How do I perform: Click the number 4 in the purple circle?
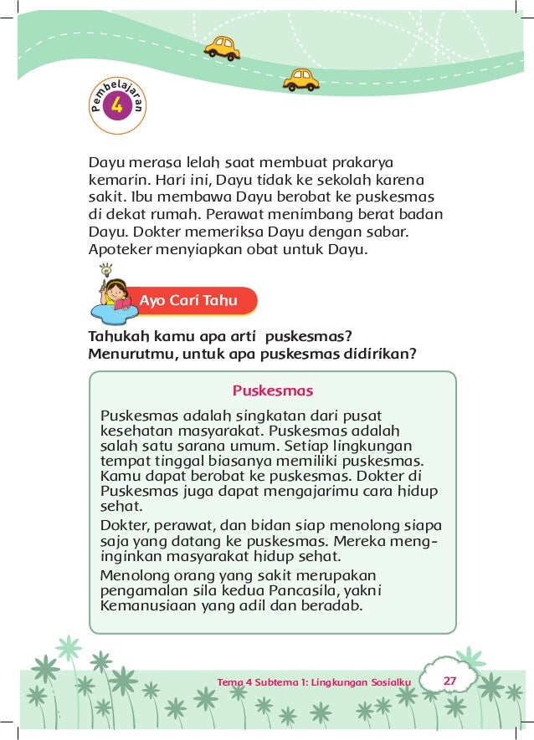tap(116, 105)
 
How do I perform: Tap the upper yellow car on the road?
tap(222, 48)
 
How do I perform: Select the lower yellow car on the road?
tap(300, 79)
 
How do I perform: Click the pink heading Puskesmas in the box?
tap(273, 390)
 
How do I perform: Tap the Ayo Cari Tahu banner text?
tap(188, 301)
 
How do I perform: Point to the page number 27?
tap(449, 681)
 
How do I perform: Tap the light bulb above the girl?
tap(106, 270)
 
